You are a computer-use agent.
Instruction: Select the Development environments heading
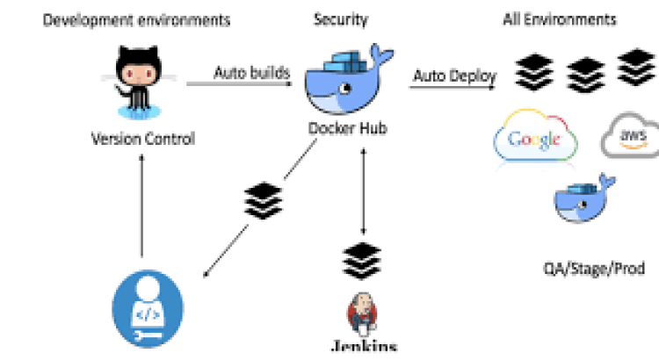137,19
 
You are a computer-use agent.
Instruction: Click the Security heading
341,19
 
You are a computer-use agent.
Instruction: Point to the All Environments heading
559,19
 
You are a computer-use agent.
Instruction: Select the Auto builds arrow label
251,72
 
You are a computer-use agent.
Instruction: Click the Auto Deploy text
454,76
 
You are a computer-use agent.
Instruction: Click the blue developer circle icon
148,310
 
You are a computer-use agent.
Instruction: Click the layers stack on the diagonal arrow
263,201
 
